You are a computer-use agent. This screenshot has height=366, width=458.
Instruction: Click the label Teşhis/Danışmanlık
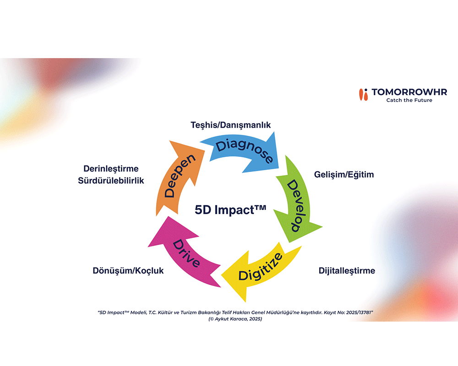[230, 125]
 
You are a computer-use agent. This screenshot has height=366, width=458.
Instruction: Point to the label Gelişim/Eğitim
[344, 174]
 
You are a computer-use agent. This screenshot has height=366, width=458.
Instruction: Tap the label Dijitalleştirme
[347, 270]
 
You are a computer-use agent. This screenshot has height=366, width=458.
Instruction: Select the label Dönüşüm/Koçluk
[128, 270]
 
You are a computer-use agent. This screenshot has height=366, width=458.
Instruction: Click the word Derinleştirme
[111, 169]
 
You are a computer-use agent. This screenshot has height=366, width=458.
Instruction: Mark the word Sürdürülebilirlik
[111, 181]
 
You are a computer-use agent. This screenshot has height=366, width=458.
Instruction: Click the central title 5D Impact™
[230, 210]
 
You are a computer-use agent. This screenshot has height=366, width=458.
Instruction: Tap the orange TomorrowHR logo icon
[363, 95]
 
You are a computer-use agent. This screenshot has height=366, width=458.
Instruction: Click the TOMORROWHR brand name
[409, 92]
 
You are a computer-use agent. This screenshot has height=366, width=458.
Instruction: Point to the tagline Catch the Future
[409, 100]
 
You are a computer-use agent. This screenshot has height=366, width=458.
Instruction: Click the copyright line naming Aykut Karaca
[235, 319]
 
